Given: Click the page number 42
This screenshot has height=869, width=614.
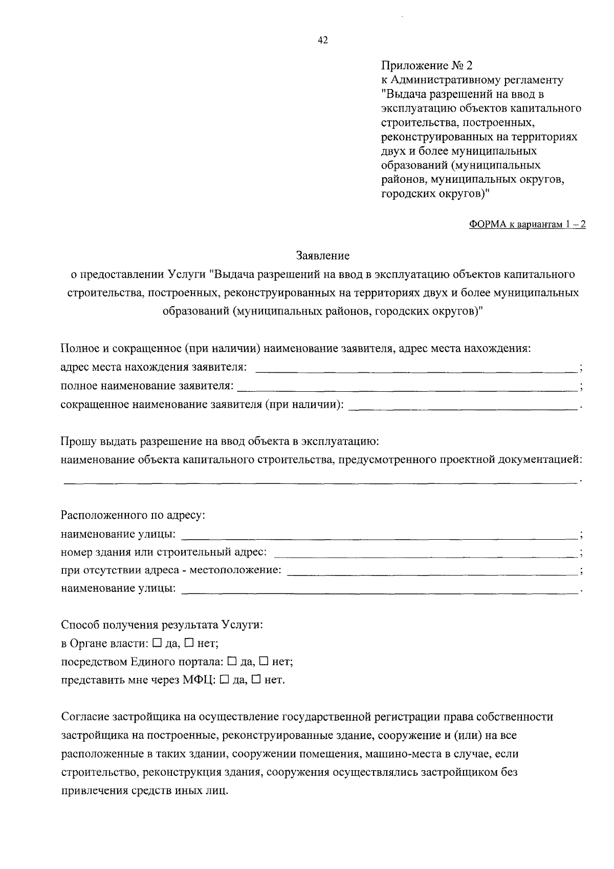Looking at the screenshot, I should click(x=323, y=40).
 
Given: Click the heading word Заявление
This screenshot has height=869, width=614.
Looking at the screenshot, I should click(x=322, y=255).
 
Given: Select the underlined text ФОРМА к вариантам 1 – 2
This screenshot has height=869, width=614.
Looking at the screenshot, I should click(x=528, y=224).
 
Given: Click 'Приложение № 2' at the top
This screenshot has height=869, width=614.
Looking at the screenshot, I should click(x=428, y=66).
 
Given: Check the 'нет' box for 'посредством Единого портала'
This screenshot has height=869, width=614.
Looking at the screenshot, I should click(x=264, y=661).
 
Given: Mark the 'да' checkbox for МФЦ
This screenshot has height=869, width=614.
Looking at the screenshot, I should click(x=224, y=680).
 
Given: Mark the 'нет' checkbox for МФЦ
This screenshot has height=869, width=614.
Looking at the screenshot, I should click(x=256, y=680).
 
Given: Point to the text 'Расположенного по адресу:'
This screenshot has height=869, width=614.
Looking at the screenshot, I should click(x=133, y=515).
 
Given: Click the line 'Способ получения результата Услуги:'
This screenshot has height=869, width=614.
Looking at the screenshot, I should click(x=162, y=625).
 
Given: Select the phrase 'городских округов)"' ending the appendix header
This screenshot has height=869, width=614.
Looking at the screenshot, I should click(x=435, y=194).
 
